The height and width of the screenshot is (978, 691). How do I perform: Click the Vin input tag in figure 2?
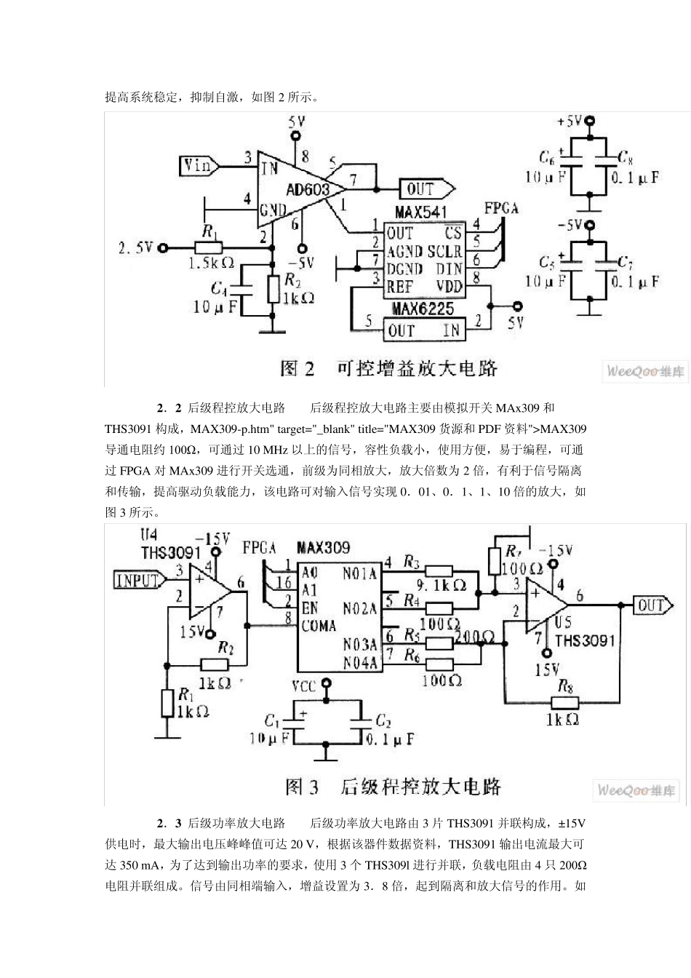[197, 166]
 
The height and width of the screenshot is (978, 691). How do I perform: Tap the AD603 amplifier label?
[308, 190]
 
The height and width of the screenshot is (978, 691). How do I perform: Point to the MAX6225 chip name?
[423, 309]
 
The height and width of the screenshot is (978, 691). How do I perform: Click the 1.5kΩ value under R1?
[211, 263]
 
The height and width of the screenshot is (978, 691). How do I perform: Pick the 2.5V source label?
[136, 248]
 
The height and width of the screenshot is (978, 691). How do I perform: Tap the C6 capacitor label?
[547, 157]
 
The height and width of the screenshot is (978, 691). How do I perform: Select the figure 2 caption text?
[389, 368]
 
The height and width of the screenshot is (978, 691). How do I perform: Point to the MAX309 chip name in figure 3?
[323, 547]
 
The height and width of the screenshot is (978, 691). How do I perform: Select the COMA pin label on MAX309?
[319, 626]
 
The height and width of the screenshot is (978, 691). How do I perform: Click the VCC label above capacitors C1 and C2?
[304, 686]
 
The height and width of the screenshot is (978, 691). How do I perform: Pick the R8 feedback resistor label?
[565, 685]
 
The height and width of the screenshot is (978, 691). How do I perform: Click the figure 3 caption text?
[394, 787]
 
